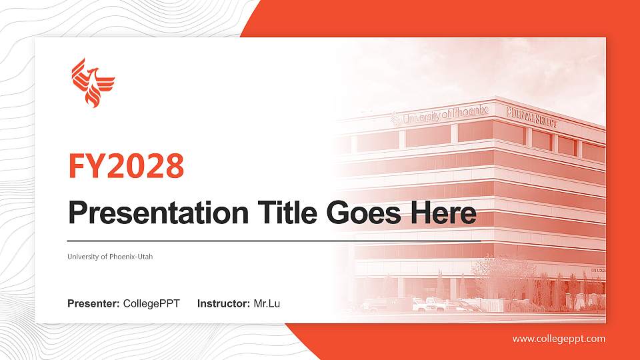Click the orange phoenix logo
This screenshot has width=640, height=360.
pyautogui.click(x=93, y=83)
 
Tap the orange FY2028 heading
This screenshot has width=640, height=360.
pyautogui.click(x=126, y=166)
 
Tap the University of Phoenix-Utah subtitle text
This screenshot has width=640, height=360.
pyautogui.click(x=110, y=257)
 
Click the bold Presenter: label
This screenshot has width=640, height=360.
pyautogui.click(x=93, y=304)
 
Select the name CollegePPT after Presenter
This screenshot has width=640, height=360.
pyautogui.click(x=151, y=304)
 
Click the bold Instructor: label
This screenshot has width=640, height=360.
pyautogui.click(x=224, y=304)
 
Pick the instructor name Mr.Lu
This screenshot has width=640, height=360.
pyautogui.click(x=267, y=304)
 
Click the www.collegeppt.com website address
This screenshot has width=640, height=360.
pyautogui.click(x=559, y=339)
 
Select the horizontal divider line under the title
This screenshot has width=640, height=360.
pyautogui.click(x=273, y=241)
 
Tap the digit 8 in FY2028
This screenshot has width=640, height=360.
pyautogui.click(x=173, y=166)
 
